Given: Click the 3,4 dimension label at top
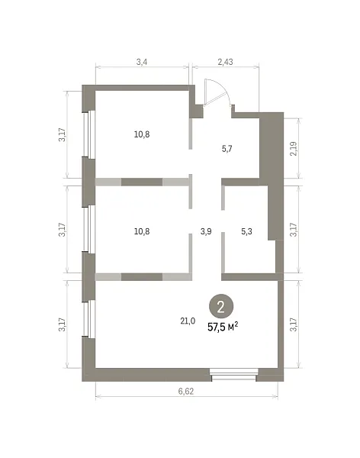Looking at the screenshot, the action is click(x=142, y=62).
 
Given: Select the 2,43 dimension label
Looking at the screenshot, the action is click(x=226, y=62).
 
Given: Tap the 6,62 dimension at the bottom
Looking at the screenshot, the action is click(x=186, y=391).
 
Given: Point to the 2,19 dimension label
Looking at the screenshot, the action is click(x=294, y=149).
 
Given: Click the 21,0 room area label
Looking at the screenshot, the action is click(x=188, y=321).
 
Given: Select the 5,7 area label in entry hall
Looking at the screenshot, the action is click(x=227, y=149).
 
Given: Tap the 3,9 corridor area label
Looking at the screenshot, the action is click(x=206, y=231).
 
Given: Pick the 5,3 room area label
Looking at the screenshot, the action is click(x=246, y=231).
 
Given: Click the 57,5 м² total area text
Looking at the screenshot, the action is click(x=223, y=327).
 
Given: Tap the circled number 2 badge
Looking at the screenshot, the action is click(x=221, y=307).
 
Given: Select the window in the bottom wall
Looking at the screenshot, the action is click(x=234, y=375).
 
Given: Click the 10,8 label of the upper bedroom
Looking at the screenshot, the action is click(x=142, y=134).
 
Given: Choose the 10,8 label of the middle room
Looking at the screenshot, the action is click(x=142, y=231).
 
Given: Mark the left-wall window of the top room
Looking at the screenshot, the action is click(x=88, y=134).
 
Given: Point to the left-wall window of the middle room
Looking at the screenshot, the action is click(x=88, y=229).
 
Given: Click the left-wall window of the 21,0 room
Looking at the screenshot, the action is click(x=88, y=318).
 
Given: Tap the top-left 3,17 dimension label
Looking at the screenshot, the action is click(x=63, y=134).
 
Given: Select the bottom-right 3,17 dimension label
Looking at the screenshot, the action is click(x=294, y=324).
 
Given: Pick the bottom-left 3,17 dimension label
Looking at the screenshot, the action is click(x=63, y=324).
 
